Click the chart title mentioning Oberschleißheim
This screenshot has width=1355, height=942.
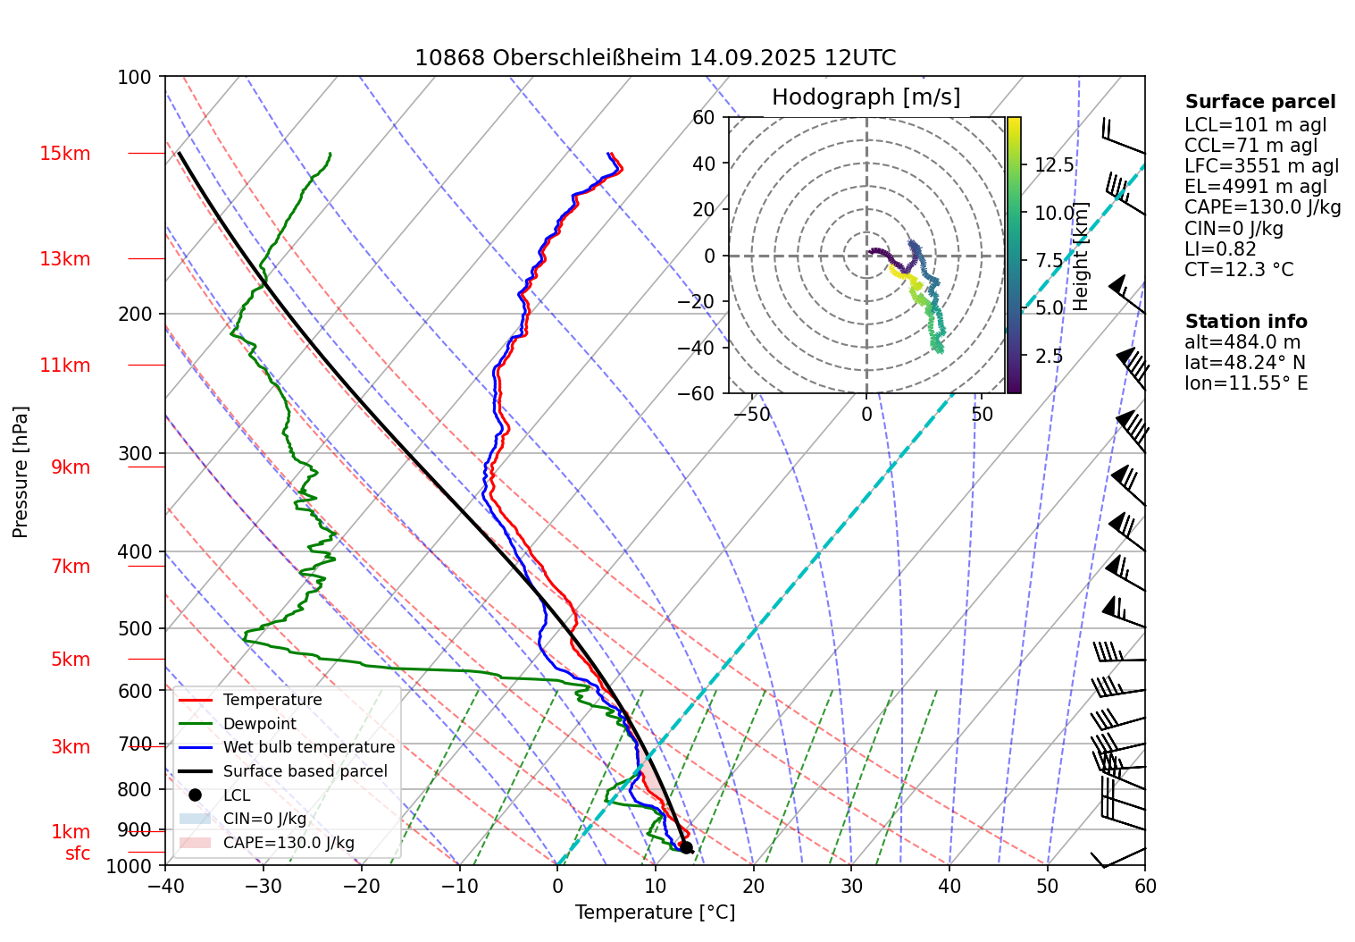[x=655, y=58]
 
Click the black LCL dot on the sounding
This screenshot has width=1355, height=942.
[x=686, y=847]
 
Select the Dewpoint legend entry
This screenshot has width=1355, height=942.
[x=259, y=724]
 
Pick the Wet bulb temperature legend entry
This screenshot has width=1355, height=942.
[x=308, y=747]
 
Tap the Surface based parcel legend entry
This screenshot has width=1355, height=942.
[x=305, y=771]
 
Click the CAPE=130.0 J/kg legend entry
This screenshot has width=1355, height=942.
[x=288, y=843]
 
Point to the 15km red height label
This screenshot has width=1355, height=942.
[x=65, y=154]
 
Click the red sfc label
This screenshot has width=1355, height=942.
[x=78, y=854]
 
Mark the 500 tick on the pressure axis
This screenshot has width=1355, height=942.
[x=135, y=628]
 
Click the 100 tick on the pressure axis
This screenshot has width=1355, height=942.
[x=135, y=77]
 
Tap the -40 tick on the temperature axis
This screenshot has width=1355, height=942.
[x=165, y=886]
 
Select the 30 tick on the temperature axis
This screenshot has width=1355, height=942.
[x=851, y=886]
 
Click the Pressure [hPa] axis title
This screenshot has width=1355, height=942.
[x=21, y=472]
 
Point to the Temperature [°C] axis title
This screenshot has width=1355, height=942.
[x=655, y=913]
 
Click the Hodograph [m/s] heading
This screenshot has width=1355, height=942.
[x=866, y=97]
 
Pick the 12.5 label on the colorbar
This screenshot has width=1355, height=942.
[x=1054, y=165]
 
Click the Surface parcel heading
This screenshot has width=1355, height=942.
[x=1260, y=102]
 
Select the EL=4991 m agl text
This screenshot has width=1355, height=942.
[x=1256, y=187]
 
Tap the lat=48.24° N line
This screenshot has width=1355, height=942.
[x=1245, y=363]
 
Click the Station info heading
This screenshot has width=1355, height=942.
[x=1246, y=322]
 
